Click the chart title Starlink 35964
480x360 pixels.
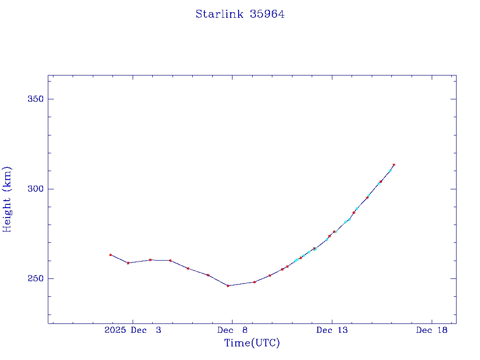point(240,14)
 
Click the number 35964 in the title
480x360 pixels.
point(267,14)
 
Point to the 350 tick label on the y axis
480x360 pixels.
point(35,99)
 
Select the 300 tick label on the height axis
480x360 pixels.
point(35,189)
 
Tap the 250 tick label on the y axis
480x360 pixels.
point(35,279)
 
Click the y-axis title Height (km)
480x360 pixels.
point(7,199)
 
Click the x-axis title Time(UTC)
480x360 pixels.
point(252,343)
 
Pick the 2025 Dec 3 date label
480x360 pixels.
point(133,330)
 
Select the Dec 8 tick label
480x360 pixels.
point(232,330)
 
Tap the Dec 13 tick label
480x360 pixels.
point(332,330)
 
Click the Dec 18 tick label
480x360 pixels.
point(432,330)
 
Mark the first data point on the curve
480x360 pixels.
point(110,255)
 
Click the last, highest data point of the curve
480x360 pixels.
point(394,165)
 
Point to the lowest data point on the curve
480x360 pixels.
point(228,285)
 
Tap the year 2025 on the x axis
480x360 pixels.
point(115,330)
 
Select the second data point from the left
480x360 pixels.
point(128,263)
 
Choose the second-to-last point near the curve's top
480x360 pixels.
point(390,171)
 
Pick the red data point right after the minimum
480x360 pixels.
point(254,282)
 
